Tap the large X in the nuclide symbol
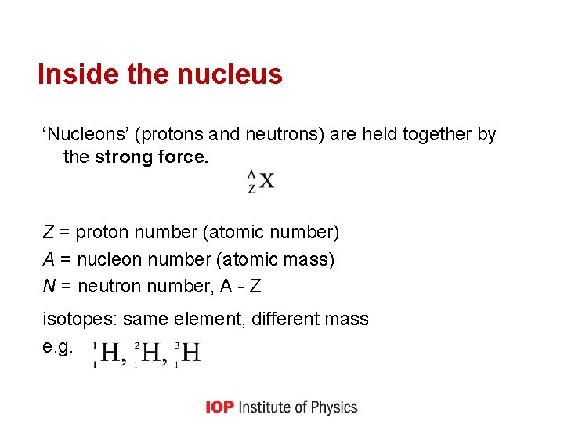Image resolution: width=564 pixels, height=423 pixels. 266,181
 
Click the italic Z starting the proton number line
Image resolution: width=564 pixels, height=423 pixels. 48,233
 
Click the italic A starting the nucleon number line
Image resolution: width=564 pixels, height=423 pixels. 48,259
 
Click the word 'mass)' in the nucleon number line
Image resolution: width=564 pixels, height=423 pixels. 313,259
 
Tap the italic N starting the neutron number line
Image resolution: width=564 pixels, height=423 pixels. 48,286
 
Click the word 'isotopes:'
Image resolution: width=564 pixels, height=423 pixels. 80,320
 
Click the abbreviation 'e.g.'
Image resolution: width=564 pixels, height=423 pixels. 58,345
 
